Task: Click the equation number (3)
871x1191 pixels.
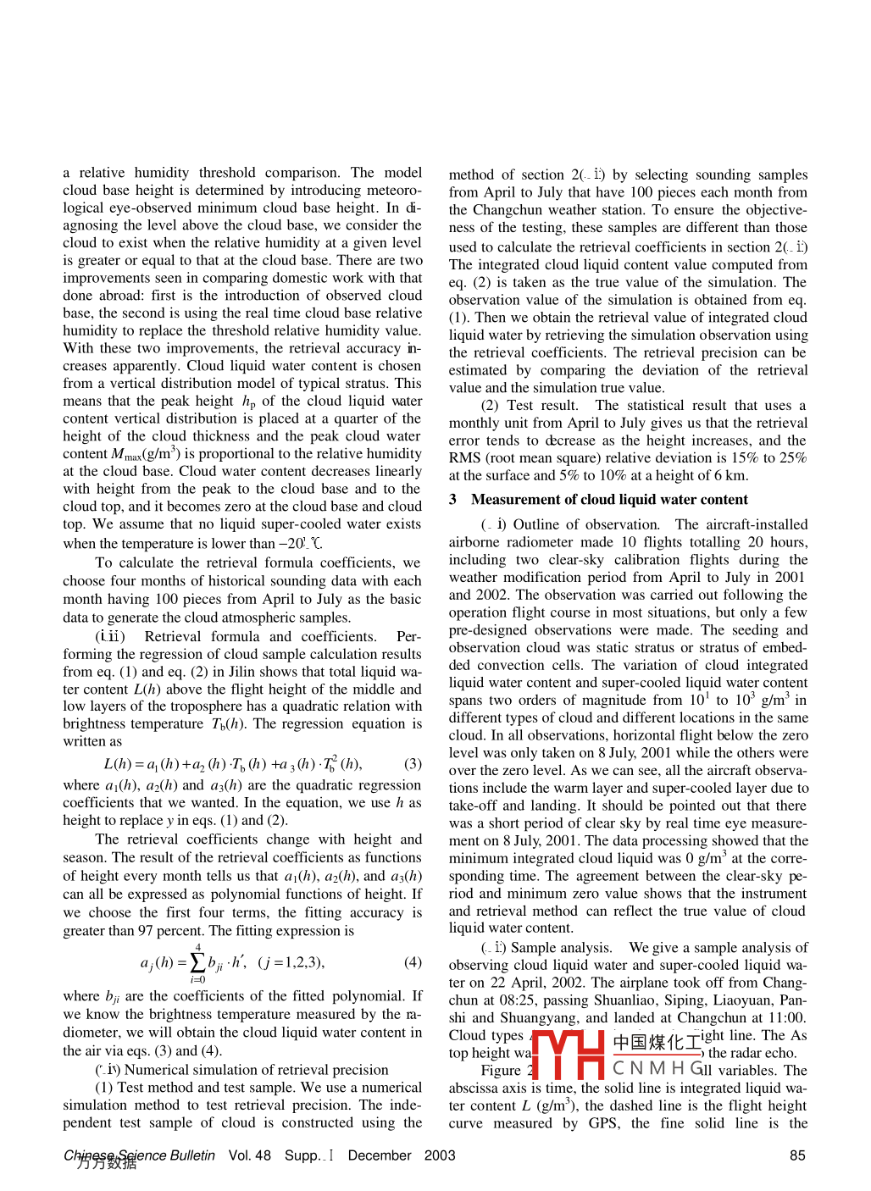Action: pos(413,764)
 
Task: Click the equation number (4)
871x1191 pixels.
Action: pos(413,962)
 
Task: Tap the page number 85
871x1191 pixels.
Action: pos(797,1155)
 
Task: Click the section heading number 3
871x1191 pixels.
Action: pos(453,500)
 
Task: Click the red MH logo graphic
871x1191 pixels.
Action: pos(567,1055)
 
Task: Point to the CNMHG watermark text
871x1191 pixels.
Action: pos(657,1069)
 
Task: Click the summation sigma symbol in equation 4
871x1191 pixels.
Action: pos(197,962)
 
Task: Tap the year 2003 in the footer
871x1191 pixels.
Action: pos(440,1155)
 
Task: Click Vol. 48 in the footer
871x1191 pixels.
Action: pos(250,1155)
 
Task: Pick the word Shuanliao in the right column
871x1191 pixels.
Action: pos(624,1000)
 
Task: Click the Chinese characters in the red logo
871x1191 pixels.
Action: pos(657,1042)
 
